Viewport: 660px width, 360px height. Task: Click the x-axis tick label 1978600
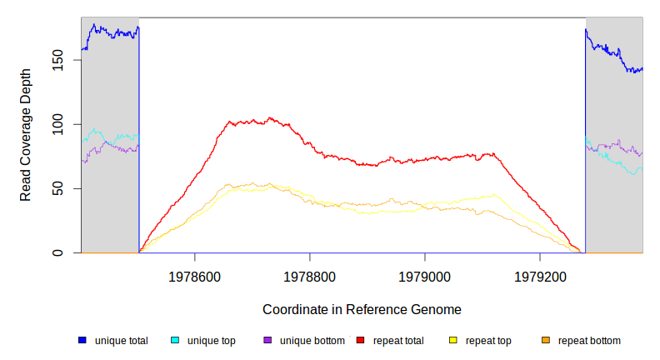(194, 276)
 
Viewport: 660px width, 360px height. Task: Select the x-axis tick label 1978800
(309, 276)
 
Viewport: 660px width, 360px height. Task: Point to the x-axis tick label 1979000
(425, 276)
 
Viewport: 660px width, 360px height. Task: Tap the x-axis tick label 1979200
(540, 276)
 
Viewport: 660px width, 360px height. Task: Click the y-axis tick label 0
(57, 252)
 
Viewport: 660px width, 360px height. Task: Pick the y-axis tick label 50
(57, 188)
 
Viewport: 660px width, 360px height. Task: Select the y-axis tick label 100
(57, 124)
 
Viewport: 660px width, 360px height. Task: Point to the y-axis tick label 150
(57, 61)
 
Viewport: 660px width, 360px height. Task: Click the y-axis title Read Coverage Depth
(26, 135)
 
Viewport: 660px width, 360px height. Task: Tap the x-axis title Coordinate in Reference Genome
(362, 309)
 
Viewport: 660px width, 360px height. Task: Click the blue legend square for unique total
(82, 341)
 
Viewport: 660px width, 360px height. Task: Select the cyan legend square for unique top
(175, 341)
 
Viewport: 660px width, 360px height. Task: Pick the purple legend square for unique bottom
(267, 341)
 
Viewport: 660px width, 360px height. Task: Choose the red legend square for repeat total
(361, 341)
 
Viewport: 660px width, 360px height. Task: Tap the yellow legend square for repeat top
(453, 341)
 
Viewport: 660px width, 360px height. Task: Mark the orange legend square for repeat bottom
(546, 341)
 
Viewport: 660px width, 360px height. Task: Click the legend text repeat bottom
(589, 341)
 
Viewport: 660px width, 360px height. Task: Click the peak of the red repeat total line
(270, 118)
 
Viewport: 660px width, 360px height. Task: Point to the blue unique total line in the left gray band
(108, 32)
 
